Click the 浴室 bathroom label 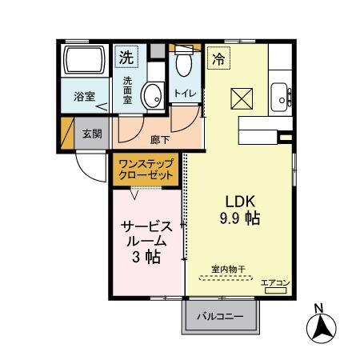tap(85, 98)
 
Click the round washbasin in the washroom tap(152, 96)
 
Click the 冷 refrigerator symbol tap(218, 58)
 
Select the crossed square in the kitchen tap(242, 98)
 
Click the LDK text tap(239, 201)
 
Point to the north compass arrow tap(321, 326)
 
